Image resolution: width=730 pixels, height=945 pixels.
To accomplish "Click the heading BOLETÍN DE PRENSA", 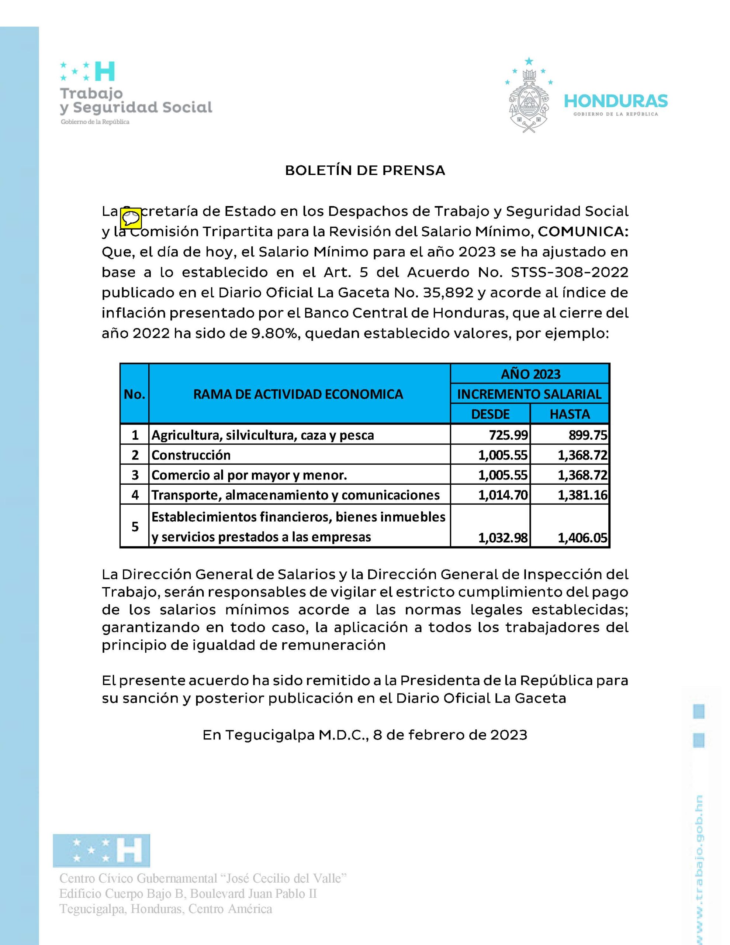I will (x=365, y=171).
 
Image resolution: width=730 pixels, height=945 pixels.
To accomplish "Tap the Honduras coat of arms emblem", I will (x=529, y=96).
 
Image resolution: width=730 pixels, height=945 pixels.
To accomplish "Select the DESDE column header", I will (x=490, y=414).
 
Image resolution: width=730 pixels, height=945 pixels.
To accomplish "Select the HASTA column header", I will (x=570, y=414).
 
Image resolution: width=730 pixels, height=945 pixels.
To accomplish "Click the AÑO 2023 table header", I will (x=530, y=374).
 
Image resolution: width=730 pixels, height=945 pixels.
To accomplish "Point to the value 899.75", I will (x=588, y=435).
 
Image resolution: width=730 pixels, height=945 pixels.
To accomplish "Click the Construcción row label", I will (x=191, y=455).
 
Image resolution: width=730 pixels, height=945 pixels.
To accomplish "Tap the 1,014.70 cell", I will (x=503, y=495).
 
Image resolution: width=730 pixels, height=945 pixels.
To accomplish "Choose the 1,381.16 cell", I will (x=582, y=495).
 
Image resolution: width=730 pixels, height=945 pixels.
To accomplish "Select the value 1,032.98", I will (x=503, y=537).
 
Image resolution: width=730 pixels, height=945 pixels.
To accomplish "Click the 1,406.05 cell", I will (x=582, y=537).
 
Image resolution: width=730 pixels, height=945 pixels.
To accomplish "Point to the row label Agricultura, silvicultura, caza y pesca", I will (x=263, y=435).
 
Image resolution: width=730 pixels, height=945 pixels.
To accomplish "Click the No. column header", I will (x=135, y=394).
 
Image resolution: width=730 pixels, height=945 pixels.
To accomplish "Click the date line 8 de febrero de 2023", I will (x=450, y=735).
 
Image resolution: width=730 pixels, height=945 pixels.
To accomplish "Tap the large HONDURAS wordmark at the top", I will (x=616, y=102).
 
